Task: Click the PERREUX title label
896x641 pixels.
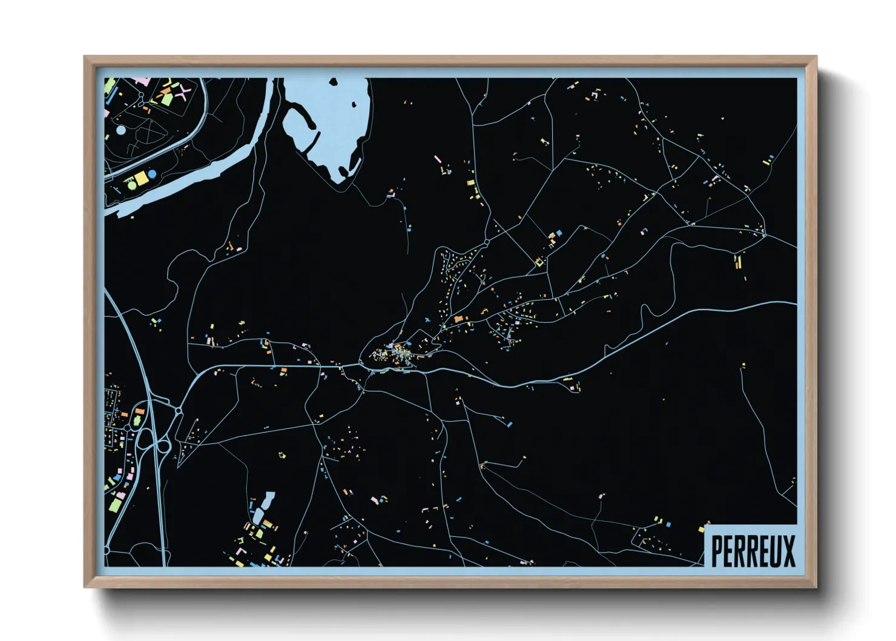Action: [x=752, y=550]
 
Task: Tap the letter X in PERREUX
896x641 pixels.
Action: [x=788, y=551]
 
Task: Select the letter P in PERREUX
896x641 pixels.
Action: [x=718, y=551]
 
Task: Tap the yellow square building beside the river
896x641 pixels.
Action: [x=141, y=178]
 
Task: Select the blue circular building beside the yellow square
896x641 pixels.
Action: [x=153, y=174]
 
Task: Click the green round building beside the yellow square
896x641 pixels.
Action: [x=132, y=185]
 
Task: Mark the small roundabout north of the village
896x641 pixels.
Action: [x=487, y=242]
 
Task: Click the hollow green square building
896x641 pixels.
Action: [x=539, y=262]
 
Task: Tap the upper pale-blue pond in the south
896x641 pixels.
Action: [x=268, y=500]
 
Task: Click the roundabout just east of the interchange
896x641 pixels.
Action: [x=179, y=411]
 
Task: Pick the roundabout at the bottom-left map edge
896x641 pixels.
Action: [x=107, y=551]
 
